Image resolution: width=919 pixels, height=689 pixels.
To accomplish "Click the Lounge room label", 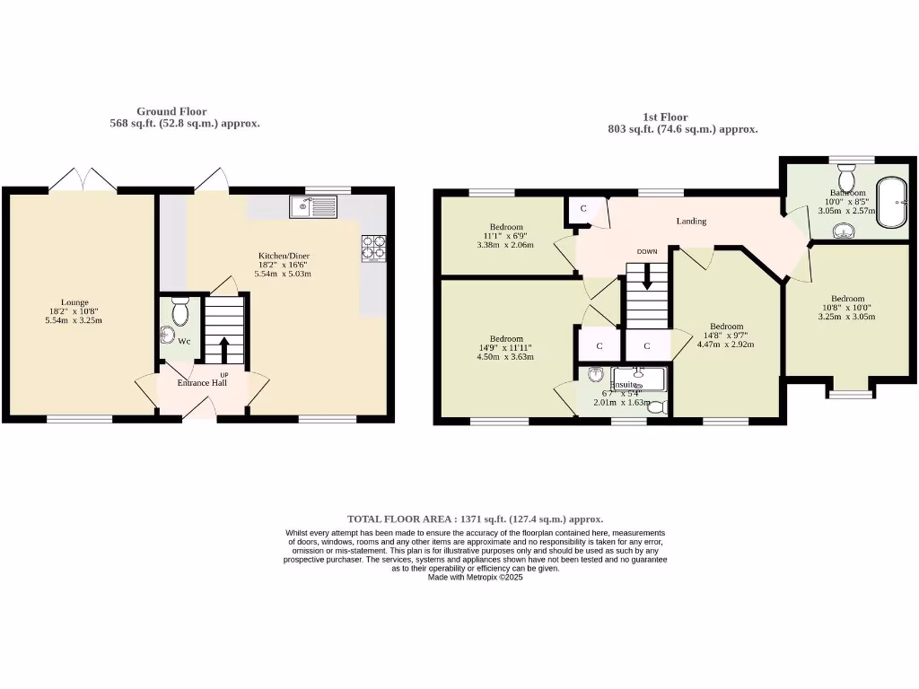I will [74, 302].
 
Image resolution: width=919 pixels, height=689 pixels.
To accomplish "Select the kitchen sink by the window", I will [312, 207].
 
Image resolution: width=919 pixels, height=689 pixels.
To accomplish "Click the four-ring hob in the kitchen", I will [373, 247].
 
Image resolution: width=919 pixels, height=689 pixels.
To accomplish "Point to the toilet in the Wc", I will [179, 311].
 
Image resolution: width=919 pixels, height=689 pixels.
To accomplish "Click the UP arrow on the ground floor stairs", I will [223, 348].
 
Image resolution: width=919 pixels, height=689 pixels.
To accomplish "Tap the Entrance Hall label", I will [201, 383].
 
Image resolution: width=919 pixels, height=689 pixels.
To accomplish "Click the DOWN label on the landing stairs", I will [646, 252].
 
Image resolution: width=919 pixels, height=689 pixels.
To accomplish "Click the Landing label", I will [691, 222].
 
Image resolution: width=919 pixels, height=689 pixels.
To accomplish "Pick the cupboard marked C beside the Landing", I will [583, 209].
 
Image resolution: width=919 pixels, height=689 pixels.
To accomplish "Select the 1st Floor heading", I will [665, 117].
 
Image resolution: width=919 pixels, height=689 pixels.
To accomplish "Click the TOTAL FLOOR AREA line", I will [475, 519].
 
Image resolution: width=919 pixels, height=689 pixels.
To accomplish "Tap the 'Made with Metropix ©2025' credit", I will [475, 578].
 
